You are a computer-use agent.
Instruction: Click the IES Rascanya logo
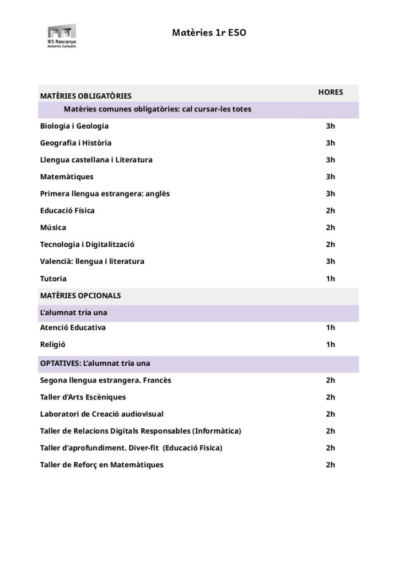coord(61,35)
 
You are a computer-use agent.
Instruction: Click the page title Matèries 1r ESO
coord(209,33)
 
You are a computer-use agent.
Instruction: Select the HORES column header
coord(331,92)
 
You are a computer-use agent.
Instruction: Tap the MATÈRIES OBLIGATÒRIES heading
coord(85,97)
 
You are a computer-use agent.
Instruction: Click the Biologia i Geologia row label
coord(74,126)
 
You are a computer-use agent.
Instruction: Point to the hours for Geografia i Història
coord(331,143)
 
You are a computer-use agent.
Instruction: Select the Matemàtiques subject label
coord(67,177)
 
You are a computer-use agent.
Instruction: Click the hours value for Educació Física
coord(331,211)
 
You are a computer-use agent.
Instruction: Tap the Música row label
coord(53,227)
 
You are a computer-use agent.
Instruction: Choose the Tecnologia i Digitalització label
coord(87,244)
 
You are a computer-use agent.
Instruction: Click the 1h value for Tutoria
coord(331,279)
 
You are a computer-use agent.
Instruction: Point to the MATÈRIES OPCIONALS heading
coord(80,296)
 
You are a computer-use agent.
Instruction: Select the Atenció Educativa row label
coord(73,328)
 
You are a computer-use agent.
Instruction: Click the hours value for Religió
coord(331,345)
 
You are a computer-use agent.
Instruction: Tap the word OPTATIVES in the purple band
coord(60,364)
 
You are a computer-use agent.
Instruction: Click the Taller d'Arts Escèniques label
coord(83,397)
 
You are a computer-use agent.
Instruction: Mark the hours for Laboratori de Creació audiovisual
coord(331,414)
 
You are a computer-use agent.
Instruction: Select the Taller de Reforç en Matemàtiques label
coord(102,465)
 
